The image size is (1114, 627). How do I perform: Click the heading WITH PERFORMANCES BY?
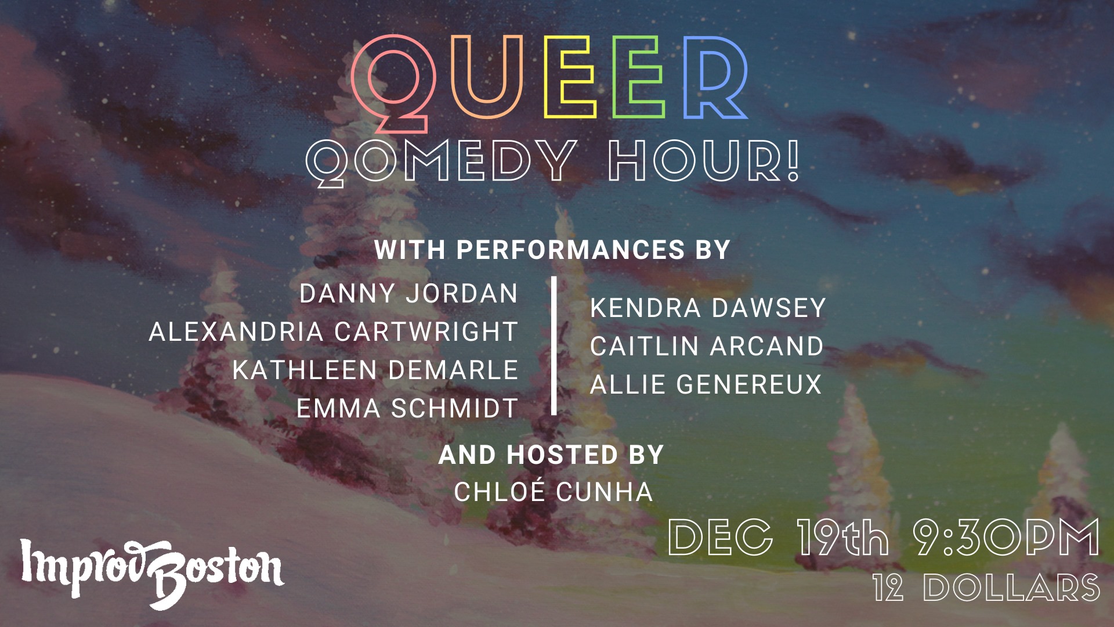pos(552,250)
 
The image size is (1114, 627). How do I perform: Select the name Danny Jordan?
pos(408,294)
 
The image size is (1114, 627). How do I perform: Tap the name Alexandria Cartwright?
pos(333,332)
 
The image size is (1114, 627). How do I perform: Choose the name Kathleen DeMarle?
pos(375,370)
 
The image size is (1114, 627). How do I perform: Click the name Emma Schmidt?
pos(407,409)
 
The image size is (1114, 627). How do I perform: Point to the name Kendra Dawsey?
pos(708,308)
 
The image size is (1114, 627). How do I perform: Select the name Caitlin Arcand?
pos(707,347)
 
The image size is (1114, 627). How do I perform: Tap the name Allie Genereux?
pos(706,385)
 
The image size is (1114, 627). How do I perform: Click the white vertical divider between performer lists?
pos(554,345)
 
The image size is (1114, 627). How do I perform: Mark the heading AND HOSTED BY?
pos(551,455)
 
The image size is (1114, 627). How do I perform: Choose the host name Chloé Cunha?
pos(554,492)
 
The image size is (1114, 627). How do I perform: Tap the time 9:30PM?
pos(1006,537)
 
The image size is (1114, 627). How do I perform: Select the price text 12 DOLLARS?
pos(986,588)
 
